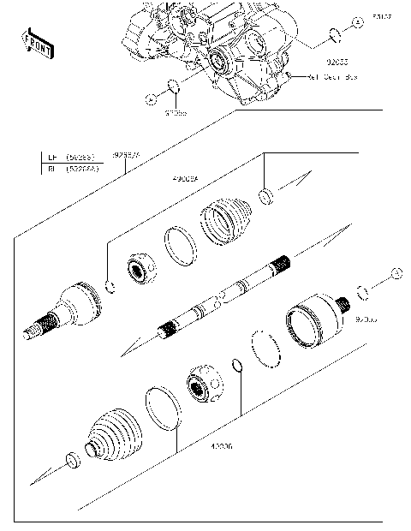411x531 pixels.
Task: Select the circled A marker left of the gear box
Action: [151, 98]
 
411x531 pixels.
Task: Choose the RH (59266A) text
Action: [71, 170]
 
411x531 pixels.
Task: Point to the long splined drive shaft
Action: [227, 296]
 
